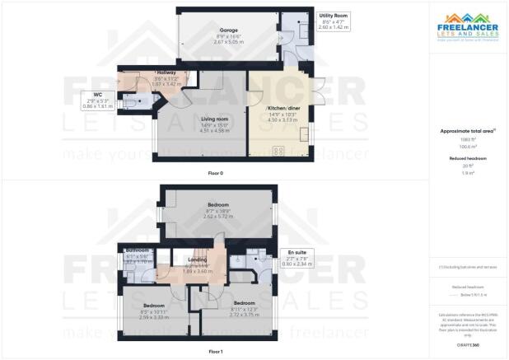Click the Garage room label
(206, 30)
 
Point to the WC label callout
(95, 96)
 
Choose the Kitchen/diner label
(283, 108)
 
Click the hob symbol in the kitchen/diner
(277, 150)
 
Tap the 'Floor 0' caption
(216, 173)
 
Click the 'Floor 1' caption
(216, 351)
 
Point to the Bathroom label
(137, 250)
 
